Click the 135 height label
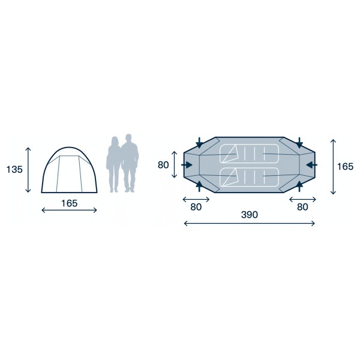[14, 169]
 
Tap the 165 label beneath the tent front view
[69, 203]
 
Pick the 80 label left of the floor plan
[163, 164]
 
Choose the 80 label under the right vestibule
[302, 208]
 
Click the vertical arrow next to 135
[28, 169]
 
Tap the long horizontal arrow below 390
[249, 223]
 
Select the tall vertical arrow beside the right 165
[333, 166]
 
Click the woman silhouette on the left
[113, 163]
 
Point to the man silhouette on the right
[129, 162]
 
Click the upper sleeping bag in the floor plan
[249, 154]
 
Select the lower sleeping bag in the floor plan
[249, 176]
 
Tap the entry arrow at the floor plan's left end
[188, 164]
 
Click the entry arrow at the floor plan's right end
[311, 164]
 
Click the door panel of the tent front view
[69, 172]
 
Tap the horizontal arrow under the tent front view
[69, 211]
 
